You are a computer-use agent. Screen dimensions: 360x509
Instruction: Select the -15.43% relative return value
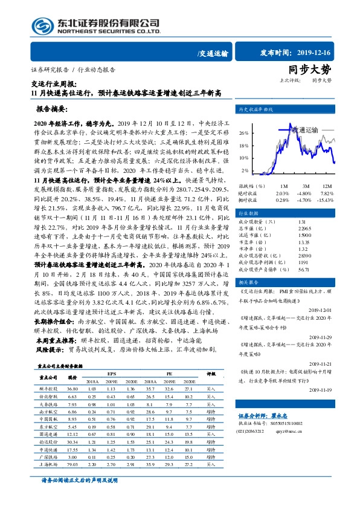pyautogui.click(x=326, y=199)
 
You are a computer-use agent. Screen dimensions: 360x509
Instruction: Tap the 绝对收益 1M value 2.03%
pyautogui.click(x=281, y=193)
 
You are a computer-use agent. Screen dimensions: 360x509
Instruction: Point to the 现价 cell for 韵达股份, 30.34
pyautogui.click(x=73, y=441)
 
